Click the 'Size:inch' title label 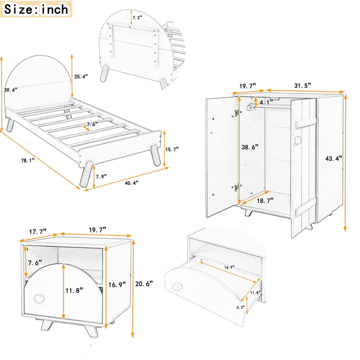point(36,9)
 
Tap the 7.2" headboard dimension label point(137,18)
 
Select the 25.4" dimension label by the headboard point(81,77)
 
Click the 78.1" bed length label point(28,160)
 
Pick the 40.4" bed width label point(131,183)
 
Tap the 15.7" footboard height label point(172,149)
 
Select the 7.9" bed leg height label point(101,176)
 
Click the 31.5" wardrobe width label point(302,85)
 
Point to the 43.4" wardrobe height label point(334,158)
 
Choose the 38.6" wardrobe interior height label point(249,146)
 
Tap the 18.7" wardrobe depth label point(265,201)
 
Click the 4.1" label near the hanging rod point(266,102)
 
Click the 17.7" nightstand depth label point(37,232)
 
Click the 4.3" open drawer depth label point(240,307)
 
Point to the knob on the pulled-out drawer point(177,286)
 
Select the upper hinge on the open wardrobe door point(237,112)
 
